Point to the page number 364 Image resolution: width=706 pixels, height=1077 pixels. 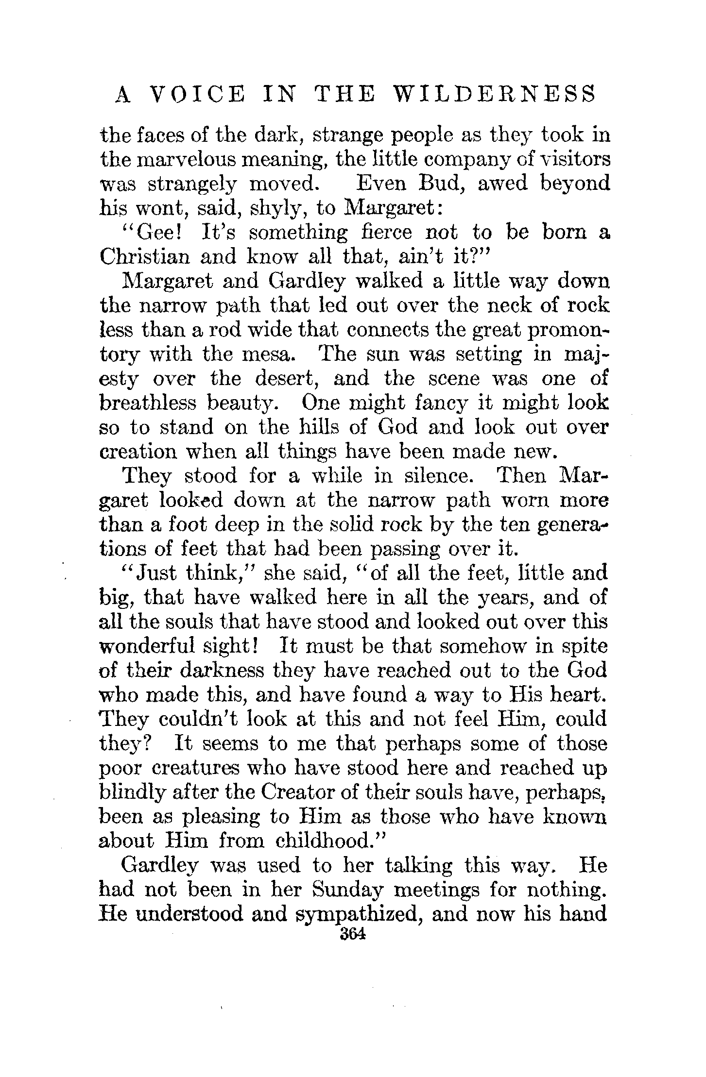click(x=353, y=934)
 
